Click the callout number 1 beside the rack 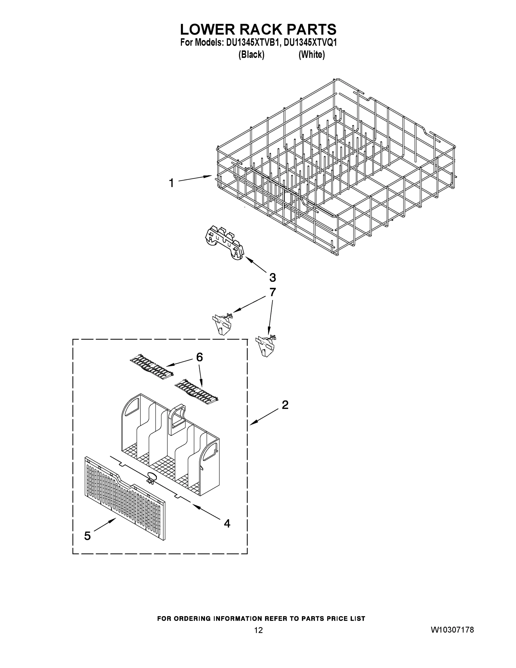(172, 183)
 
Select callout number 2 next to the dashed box (285, 405)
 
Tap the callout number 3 (273, 278)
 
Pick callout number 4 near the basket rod (227, 523)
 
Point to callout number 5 (87, 536)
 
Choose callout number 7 (272, 292)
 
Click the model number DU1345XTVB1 (253, 43)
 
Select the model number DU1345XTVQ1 (310, 43)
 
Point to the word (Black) (251, 55)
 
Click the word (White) (312, 55)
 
